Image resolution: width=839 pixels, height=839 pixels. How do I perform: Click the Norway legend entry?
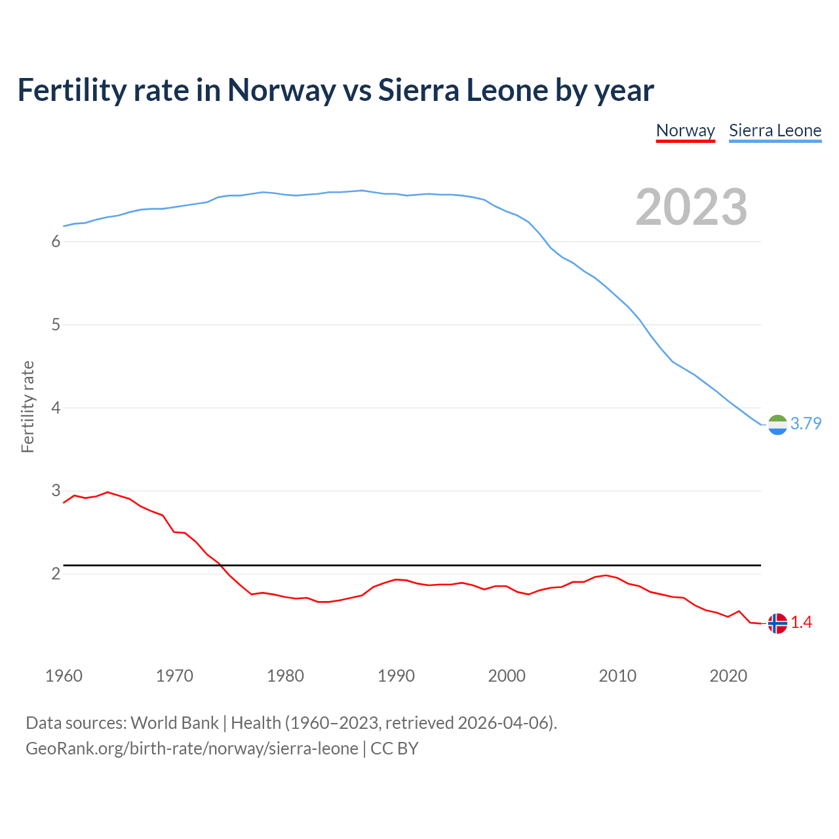click(x=685, y=130)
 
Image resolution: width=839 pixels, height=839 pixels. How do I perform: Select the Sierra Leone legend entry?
click(x=775, y=130)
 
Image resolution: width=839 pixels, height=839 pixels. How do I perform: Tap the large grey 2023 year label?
click(x=691, y=207)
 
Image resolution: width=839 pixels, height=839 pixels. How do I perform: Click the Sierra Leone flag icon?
click(x=777, y=425)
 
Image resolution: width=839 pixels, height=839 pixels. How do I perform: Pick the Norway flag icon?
click(x=777, y=623)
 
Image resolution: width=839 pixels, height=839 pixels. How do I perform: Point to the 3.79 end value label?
click(x=806, y=424)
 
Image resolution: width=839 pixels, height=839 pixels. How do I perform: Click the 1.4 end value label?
click(x=801, y=623)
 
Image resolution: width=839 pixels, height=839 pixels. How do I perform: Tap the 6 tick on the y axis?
click(x=56, y=242)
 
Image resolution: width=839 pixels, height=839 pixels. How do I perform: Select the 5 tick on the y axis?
click(x=56, y=325)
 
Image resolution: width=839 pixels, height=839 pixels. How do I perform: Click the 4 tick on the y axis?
click(x=56, y=408)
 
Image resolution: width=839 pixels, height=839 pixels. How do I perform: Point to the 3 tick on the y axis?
click(x=56, y=491)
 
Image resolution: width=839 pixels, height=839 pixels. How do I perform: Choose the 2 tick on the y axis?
click(x=56, y=574)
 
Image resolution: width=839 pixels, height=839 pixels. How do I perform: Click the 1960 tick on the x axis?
click(x=64, y=676)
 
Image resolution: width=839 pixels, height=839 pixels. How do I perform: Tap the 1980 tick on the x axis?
click(x=285, y=676)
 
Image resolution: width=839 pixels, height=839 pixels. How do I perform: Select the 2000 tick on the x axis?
click(x=507, y=676)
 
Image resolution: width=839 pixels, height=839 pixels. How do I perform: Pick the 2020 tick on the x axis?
click(x=728, y=676)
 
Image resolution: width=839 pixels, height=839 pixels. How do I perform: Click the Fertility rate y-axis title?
click(x=28, y=406)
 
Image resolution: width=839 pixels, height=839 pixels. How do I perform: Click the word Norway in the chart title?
click(x=281, y=90)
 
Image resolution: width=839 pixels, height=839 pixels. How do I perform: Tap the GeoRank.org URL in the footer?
click(x=191, y=749)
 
